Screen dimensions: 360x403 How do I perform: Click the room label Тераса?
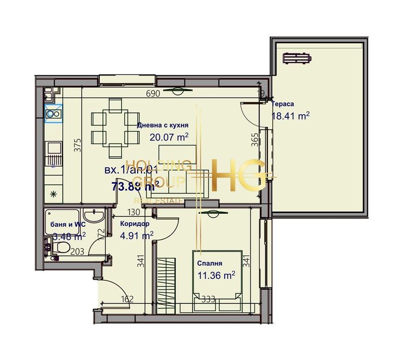pos(283,103)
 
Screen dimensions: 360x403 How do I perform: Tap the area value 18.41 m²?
pos(290,116)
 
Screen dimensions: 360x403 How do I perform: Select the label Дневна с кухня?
pos(162,125)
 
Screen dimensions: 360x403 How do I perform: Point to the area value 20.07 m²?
pos(169,137)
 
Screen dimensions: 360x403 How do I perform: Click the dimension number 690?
pos(154,94)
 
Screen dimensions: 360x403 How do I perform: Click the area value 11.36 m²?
pos(216,275)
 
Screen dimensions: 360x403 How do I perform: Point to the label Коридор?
pos(135,224)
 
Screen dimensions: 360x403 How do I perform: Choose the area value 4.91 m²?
pos(137,236)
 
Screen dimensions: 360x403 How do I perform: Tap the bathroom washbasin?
pos(93,217)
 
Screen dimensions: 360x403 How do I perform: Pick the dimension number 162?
pos(127,299)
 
